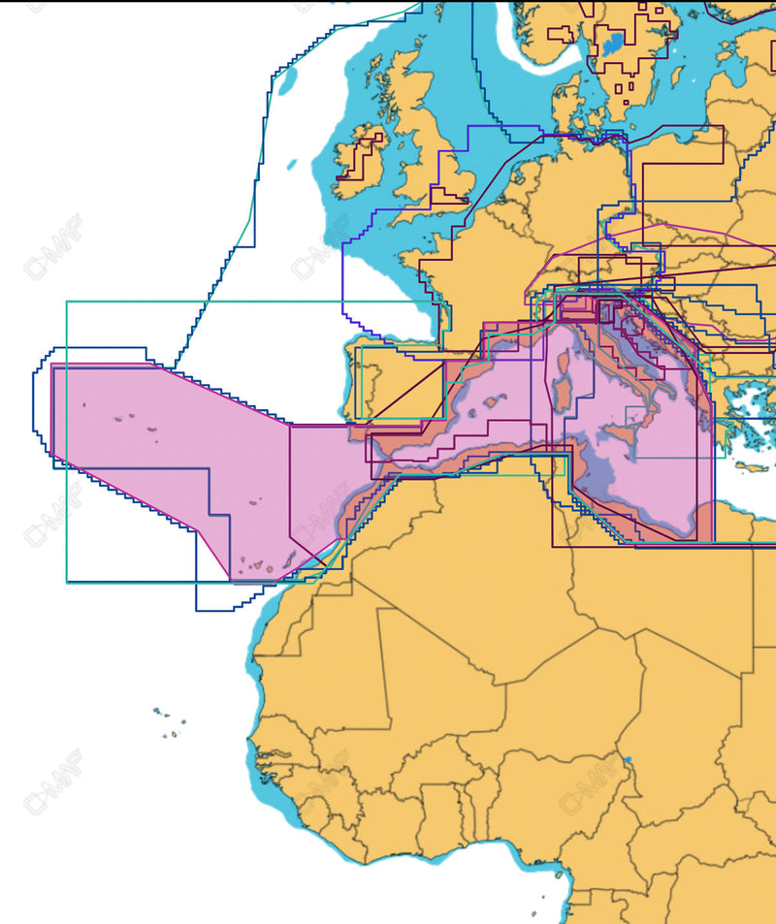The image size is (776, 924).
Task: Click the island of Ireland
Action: pos(361,161)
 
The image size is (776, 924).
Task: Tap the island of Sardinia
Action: pos(563,398)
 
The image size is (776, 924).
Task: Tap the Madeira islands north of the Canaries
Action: pos(254,502)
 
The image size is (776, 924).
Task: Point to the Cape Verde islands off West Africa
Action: pos(171,721)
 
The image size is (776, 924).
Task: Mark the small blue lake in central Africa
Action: pos(628,759)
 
